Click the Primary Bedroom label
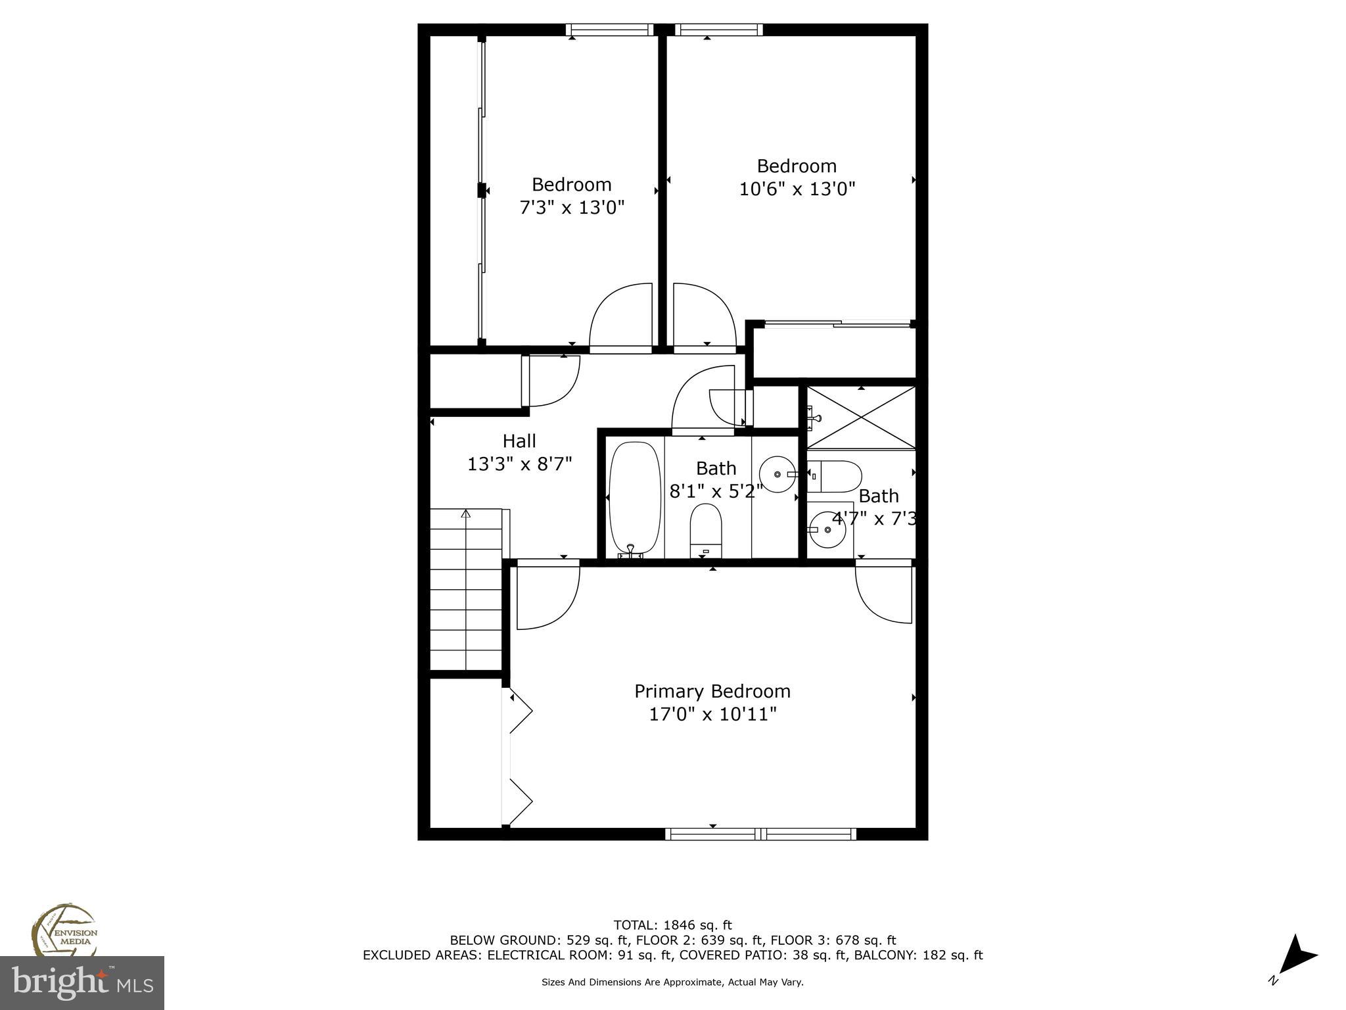pyautogui.click(x=712, y=691)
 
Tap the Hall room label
pyautogui.click(x=519, y=441)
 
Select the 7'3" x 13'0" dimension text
pyautogui.click(x=572, y=208)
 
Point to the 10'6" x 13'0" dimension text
pyautogui.click(x=797, y=189)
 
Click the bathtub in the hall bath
pyautogui.click(x=634, y=498)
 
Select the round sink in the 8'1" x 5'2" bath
pyautogui.click(x=777, y=473)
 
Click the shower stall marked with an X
pyautogui.click(x=860, y=418)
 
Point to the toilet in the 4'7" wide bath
pyautogui.click(x=835, y=476)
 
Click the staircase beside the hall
pyautogui.click(x=466, y=589)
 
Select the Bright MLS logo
pyautogui.click(x=82, y=982)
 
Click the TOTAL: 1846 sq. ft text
pyautogui.click(x=672, y=925)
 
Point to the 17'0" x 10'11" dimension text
pyautogui.click(x=713, y=714)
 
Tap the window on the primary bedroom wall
pyautogui.click(x=760, y=834)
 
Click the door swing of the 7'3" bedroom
pyautogui.click(x=621, y=316)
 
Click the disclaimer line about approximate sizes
pyautogui.click(x=672, y=982)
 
